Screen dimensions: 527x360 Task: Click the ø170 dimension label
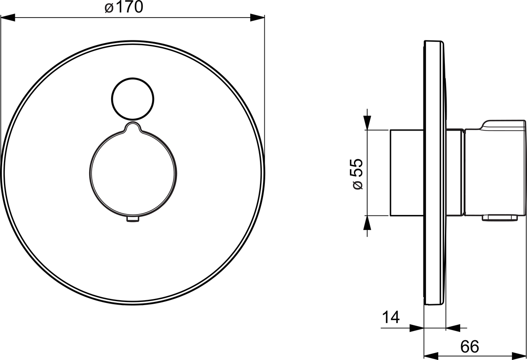point(124,7)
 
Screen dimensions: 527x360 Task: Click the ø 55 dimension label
point(357,174)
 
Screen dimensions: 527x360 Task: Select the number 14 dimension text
point(390,317)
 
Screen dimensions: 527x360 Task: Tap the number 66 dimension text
point(469,346)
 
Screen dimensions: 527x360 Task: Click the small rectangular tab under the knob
point(133,219)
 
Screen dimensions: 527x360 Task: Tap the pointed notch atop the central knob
point(133,123)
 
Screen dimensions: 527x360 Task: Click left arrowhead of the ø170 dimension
point(8,18)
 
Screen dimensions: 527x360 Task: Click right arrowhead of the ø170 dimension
point(257,18)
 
